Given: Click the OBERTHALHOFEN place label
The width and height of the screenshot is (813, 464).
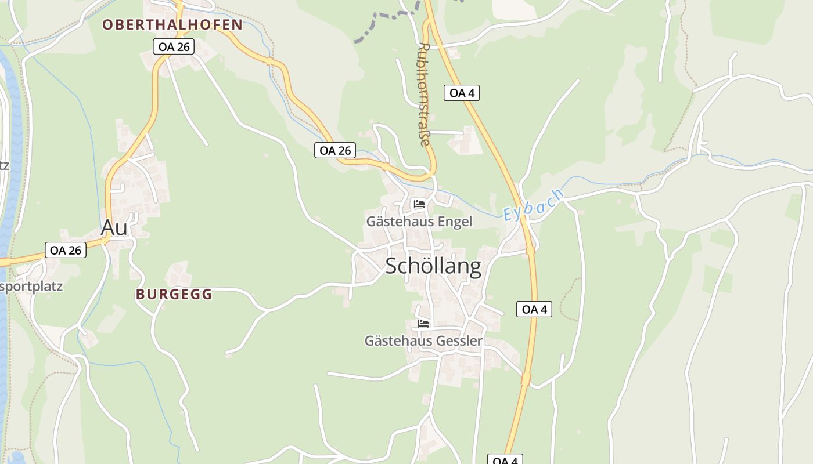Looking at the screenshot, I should coord(172,24).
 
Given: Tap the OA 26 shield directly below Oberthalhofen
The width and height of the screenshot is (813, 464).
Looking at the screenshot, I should coord(173,47).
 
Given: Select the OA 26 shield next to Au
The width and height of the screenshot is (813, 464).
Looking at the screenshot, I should coord(65,250).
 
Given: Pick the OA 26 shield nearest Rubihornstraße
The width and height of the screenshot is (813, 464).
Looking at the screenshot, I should coord(335,150).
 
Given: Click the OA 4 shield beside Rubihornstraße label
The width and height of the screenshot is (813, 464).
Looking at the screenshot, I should coord(461,92).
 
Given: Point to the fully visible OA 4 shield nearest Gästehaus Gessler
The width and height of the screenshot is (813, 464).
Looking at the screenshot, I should coord(534,309).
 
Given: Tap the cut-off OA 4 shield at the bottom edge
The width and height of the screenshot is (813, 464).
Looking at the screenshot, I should coord(505,460).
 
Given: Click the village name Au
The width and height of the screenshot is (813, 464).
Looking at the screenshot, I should coord(114,228).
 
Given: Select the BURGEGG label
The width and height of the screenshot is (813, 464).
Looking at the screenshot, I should coord(174,295).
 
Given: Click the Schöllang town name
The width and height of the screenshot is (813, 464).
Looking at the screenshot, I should coord(433,266).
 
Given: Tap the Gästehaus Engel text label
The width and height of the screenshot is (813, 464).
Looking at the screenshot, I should coord(419,222).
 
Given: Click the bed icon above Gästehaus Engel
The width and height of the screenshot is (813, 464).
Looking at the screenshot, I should coord(419,204).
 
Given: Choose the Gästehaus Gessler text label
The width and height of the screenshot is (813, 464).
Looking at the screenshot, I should coord(423,341).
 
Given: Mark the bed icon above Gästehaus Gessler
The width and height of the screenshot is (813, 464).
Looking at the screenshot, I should coord(423,323).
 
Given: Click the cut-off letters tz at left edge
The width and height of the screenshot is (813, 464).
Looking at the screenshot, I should coord(4,165).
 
